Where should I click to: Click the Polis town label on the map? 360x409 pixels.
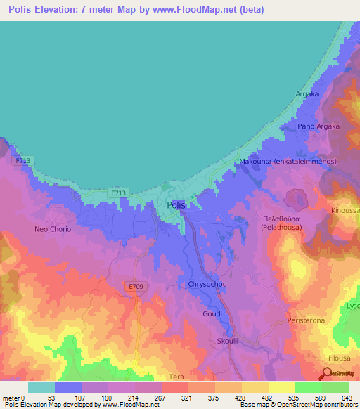point(176,205)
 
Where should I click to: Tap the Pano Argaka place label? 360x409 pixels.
point(319,126)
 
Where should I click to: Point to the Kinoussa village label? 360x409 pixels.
point(345,210)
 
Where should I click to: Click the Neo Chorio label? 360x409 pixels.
point(53,229)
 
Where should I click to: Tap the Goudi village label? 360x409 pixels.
point(212,313)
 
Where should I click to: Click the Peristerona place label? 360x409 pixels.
point(307,320)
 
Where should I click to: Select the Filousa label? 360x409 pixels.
point(342,358)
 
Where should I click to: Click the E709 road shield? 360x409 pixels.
point(136,286)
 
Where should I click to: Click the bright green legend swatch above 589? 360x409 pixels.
point(309,387)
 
